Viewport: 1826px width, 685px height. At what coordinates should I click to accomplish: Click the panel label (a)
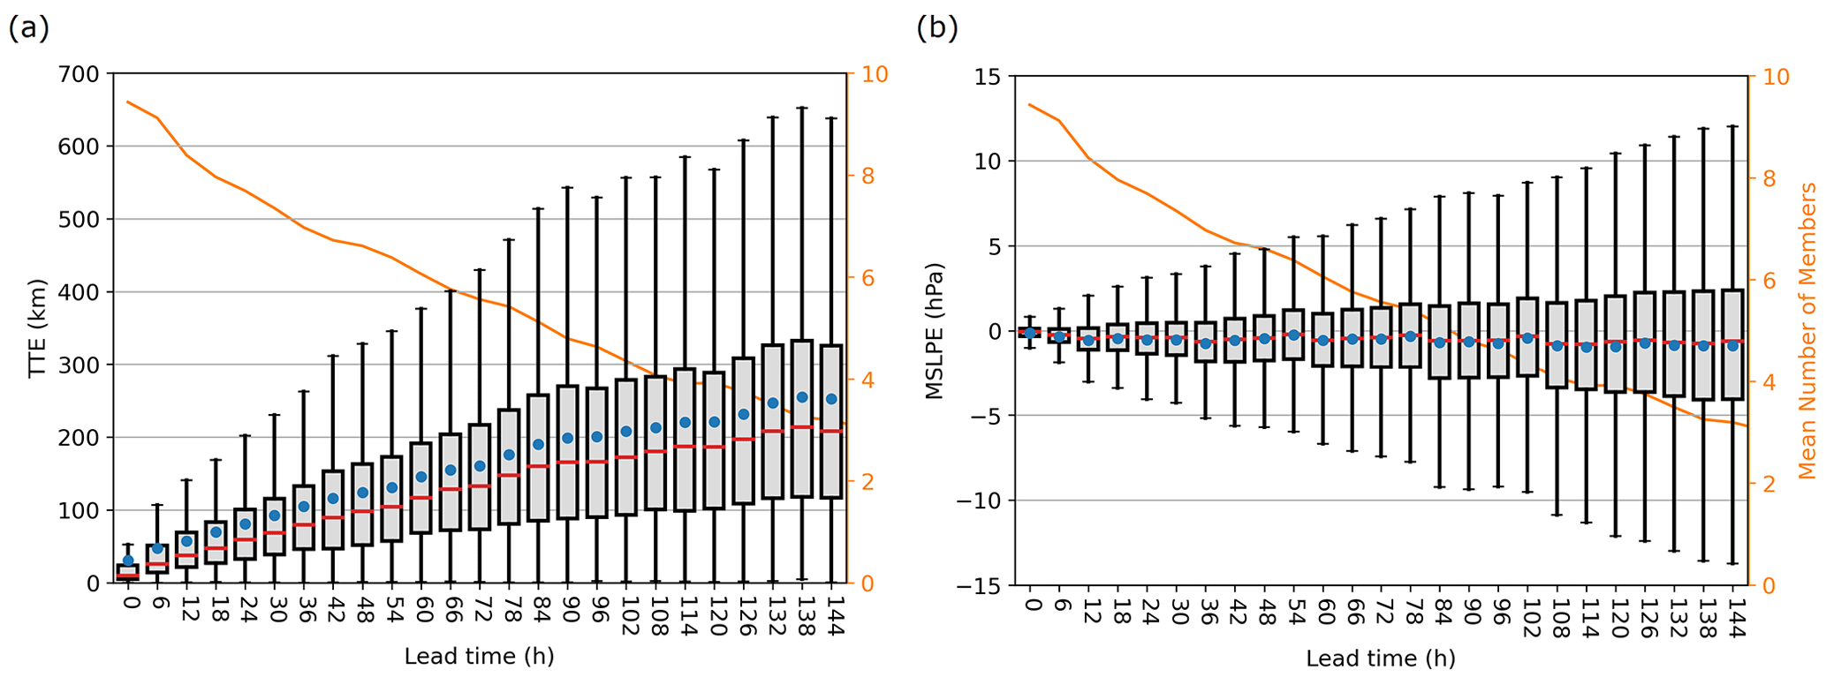point(28,28)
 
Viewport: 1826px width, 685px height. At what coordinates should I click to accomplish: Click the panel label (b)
point(936,28)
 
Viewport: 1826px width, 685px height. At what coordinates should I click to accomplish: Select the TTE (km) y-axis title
point(36,328)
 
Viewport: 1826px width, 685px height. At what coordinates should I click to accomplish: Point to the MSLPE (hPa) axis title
point(935,331)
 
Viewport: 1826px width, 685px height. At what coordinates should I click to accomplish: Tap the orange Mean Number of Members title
point(1807,331)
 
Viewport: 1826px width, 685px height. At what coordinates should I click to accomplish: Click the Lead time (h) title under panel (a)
point(479,657)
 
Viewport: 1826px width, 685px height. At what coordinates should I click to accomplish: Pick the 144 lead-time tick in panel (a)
point(832,614)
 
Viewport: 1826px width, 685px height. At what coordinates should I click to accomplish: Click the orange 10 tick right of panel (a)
point(875,74)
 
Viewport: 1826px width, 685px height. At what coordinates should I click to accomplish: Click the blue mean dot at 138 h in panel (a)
point(802,397)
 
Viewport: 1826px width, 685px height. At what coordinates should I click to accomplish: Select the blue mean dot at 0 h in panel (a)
point(128,561)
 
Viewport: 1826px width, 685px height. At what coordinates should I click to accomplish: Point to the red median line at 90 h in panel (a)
point(567,462)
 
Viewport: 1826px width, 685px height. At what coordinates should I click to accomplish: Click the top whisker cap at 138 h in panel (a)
point(802,108)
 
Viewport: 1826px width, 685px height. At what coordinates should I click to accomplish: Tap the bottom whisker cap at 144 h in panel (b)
point(1732,563)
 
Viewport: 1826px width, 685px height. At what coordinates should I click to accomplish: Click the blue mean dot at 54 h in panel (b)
point(1293,335)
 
